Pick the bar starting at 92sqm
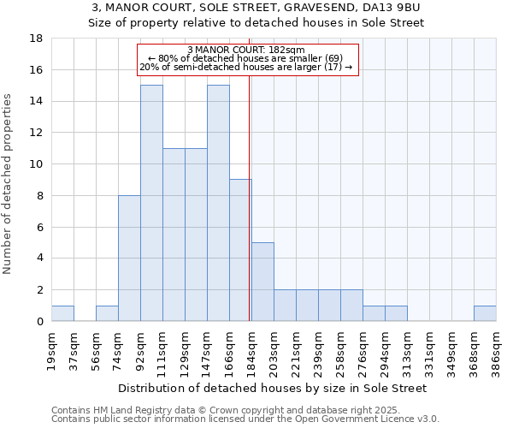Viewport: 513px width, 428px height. tap(151, 203)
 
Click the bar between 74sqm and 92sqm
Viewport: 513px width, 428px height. tap(129, 258)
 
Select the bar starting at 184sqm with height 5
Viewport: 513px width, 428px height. tap(262, 282)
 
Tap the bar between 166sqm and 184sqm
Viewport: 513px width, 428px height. tap(240, 250)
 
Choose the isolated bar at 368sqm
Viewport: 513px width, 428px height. tap(485, 313)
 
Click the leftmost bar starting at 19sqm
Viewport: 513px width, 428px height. tap(62, 313)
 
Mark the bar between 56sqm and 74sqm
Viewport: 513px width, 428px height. tap(107, 313)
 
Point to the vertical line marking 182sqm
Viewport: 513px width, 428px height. tap(249, 197)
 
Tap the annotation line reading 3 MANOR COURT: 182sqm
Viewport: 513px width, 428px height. tap(245, 50)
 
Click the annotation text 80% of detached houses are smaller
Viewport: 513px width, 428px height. tap(245, 58)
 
